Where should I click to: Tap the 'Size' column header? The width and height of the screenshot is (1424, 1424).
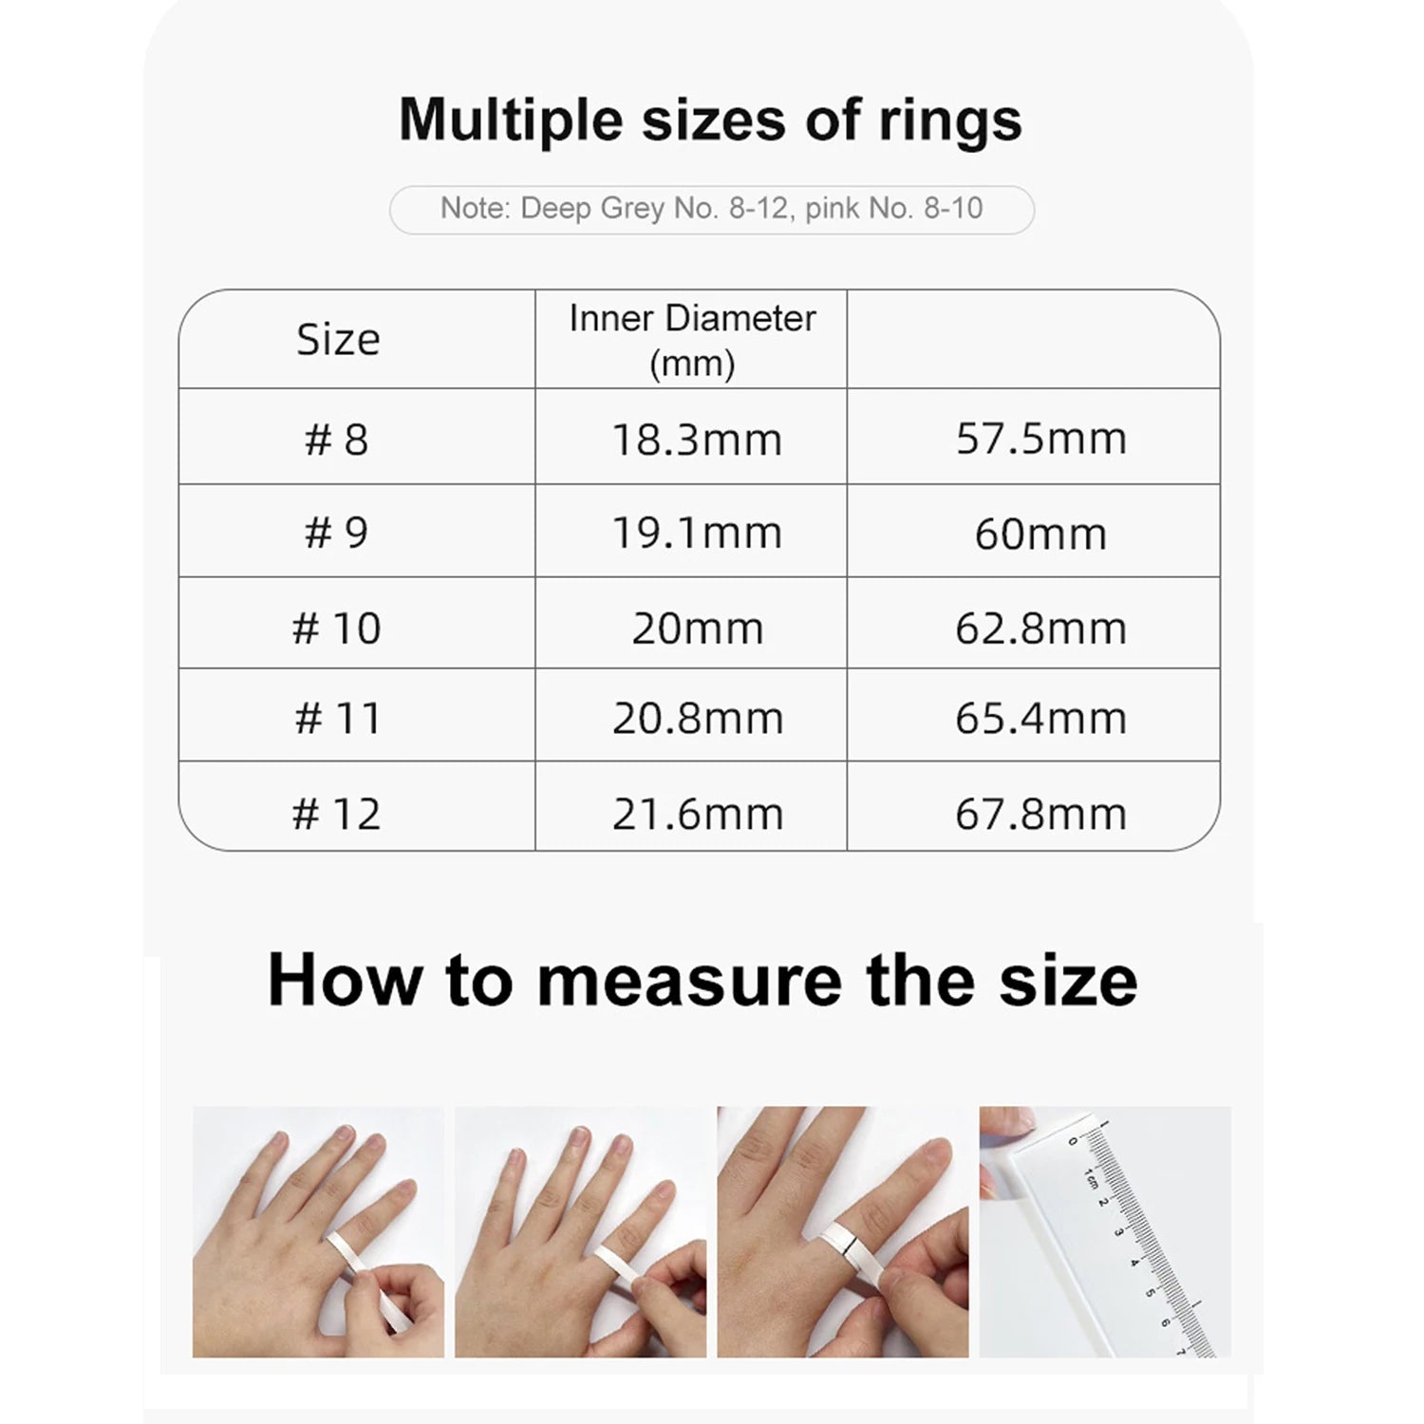tap(337, 340)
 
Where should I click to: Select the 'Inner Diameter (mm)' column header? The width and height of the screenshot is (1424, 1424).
tap(692, 340)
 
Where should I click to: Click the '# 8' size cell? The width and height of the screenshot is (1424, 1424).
tap(336, 440)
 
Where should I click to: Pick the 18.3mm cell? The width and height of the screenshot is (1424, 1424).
tap(697, 440)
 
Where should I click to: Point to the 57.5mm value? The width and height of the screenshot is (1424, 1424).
tap(1040, 439)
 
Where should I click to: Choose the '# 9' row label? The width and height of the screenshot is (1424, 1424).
tap(336, 533)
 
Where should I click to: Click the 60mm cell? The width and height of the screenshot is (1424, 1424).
tap(1040, 534)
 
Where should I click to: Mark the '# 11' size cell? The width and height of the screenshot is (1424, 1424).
tap(337, 718)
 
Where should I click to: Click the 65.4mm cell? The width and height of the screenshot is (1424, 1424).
tap(1040, 718)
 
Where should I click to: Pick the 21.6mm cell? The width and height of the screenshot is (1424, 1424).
tap(697, 814)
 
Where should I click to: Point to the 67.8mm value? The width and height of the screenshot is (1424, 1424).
tap(1040, 814)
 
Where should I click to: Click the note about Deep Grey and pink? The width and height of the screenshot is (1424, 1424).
tap(711, 209)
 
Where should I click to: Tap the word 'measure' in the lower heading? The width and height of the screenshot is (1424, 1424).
tap(690, 981)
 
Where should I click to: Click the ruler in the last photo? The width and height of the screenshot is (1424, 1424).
tap(1139, 1234)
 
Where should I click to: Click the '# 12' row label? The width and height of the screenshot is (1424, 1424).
tap(336, 814)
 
